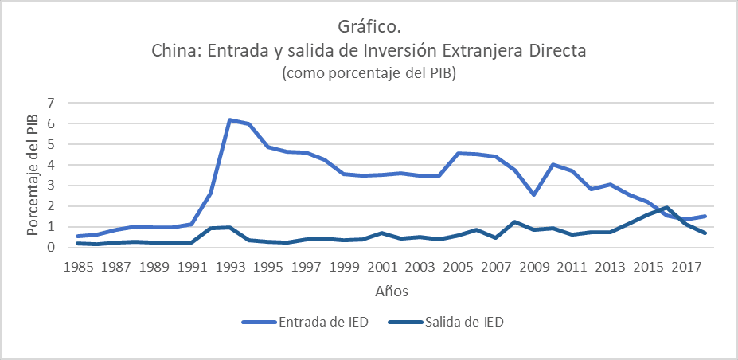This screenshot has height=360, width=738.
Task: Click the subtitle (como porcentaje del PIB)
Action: point(369,74)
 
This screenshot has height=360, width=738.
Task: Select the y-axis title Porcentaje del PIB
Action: point(33,174)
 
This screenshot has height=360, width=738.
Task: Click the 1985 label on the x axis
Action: point(77,267)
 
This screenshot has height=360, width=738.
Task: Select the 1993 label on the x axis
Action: point(230,267)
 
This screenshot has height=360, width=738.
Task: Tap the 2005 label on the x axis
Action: point(459,267)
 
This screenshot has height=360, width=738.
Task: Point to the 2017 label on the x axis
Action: point(686,267)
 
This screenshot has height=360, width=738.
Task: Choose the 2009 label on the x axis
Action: point(534,267)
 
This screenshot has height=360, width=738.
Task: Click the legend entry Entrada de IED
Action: point(314,322)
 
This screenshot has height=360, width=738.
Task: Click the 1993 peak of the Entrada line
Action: point(229,120)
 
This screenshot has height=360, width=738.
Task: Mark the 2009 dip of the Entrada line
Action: point(533,194)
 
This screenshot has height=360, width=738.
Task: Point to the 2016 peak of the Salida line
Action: point(667,207)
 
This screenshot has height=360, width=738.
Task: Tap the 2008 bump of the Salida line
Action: point(515,221)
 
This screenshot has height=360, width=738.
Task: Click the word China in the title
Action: point(174,51)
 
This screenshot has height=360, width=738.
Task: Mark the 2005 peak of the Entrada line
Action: point(458,153)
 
